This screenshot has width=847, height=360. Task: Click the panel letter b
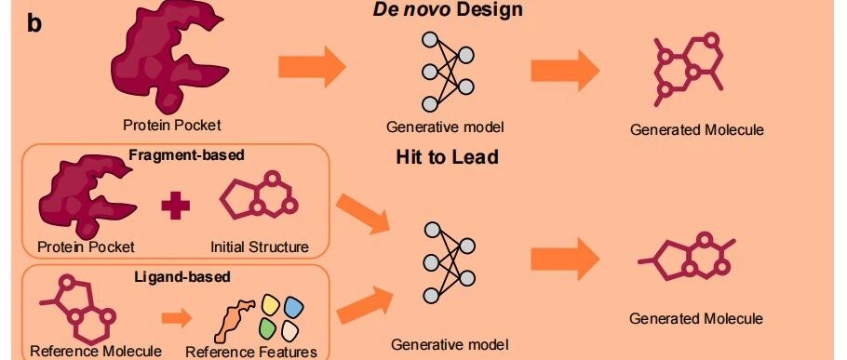[34, 24]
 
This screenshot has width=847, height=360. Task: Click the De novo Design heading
[448, 8]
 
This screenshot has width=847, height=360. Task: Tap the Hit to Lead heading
[448, 157]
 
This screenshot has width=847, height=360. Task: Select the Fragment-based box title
[186, 155]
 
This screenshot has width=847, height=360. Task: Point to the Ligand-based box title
[182, 277]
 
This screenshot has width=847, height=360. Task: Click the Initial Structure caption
[260, 247]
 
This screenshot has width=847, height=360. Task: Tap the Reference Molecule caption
[96, 351]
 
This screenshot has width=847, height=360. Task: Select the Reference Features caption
[251, 352]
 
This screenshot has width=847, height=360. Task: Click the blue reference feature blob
[294, 308]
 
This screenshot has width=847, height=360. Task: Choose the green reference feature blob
[268, 328]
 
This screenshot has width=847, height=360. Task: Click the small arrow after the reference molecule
[177, 318]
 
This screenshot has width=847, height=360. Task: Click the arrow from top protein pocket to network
[312, 67]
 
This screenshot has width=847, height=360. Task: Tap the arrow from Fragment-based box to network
[363, 214]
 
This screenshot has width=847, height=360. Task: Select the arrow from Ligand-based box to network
[365, 305]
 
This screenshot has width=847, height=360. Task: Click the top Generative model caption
[445, 127]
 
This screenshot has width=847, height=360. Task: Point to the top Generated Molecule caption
[697, 130]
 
